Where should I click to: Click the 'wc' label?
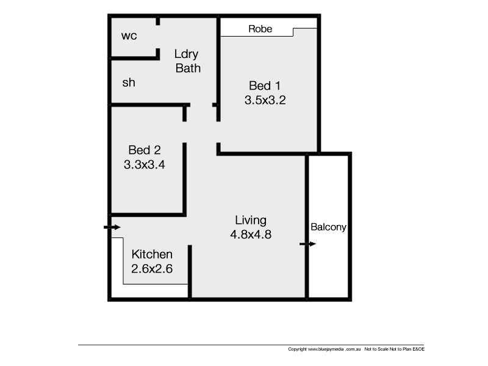click(x=129, y=35)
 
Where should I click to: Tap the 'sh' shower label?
click(x=129, y=82)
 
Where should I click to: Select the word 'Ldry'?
click(x=187, y=54)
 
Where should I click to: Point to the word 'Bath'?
click(x=188, y=68)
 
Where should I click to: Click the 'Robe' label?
click(x=260, y=29)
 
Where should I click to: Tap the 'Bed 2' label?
click(x=144, y=149)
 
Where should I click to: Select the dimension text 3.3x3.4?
click(x=145, y=163)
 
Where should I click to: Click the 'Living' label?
click(x=251, y=220)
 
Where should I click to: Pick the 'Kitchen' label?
click(x=152, y=254)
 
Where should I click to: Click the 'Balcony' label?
click(x=328, y=227)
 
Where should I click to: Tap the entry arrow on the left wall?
click(x=112, y=228)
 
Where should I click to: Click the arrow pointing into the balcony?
click(x=307, y=244)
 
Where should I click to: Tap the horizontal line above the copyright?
click(x=244, y=345)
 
